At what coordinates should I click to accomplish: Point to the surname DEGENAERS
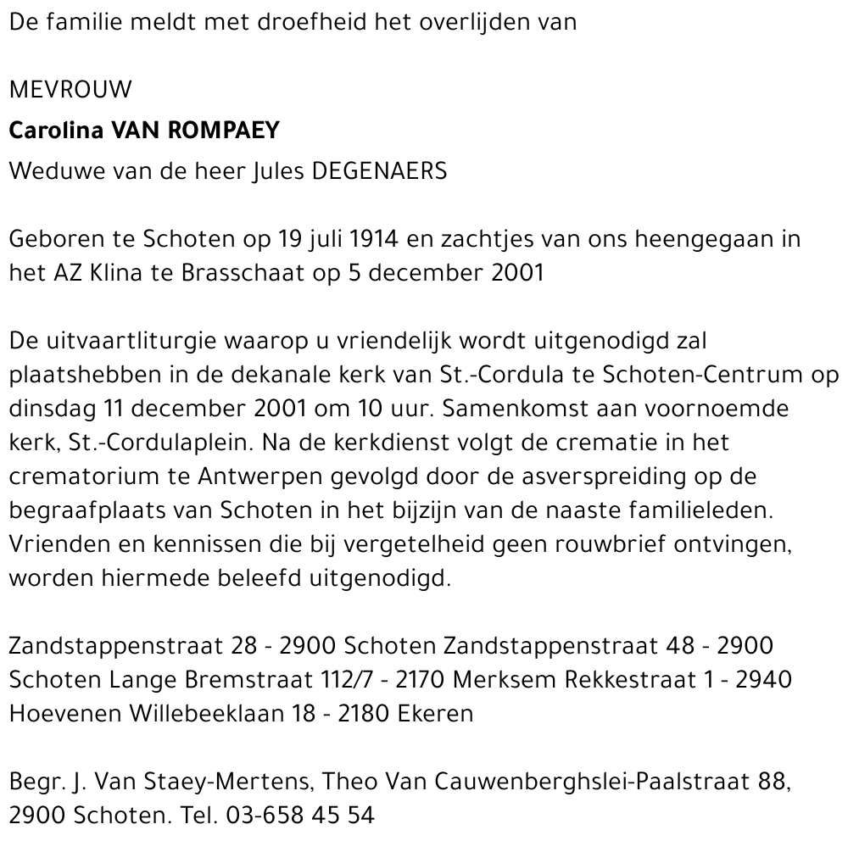[380, 170]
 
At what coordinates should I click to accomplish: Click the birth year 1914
[373, 239]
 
